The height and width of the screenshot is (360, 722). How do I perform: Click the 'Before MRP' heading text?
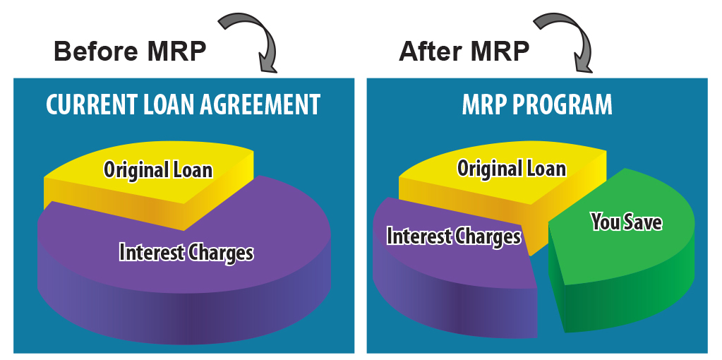130,51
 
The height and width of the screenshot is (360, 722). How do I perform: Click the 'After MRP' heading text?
464,51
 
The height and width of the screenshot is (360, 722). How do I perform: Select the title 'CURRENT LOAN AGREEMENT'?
183,104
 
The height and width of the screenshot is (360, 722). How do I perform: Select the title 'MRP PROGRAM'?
537,104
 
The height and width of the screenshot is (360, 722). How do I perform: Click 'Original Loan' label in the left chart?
158,169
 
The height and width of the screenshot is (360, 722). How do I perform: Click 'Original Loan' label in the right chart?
512,169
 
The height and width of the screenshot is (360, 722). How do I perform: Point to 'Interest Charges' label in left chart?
186,252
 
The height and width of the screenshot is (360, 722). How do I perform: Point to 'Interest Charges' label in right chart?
454,236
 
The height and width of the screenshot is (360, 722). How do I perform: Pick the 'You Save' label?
627,222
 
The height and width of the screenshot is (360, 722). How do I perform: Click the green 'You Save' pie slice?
622,258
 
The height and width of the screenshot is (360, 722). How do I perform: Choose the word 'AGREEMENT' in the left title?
260,104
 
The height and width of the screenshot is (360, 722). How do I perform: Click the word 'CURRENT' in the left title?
91,104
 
